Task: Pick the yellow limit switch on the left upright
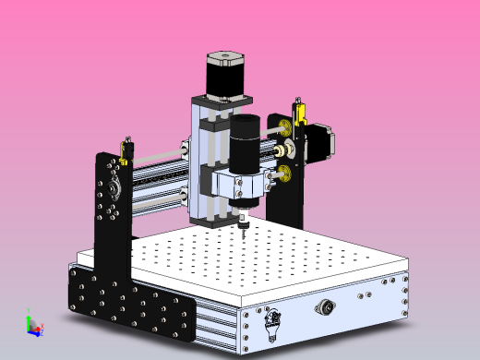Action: [x=126, y=147]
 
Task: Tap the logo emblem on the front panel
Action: [x=271, y=323]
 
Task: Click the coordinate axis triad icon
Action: [x=32, y=326]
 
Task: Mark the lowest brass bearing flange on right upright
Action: [x=285, y=173]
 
